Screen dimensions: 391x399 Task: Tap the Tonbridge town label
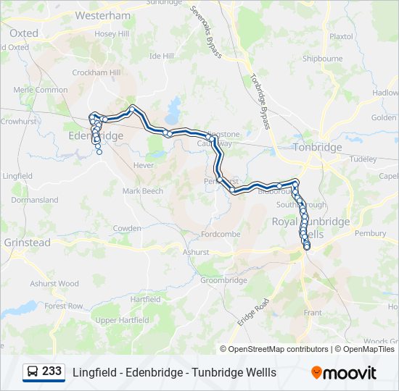[317, 147]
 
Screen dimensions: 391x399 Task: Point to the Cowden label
[127, 228]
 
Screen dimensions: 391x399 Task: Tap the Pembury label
[370, 233]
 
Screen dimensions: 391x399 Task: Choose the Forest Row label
[64, 306]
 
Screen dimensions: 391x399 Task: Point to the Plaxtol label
[341, 36]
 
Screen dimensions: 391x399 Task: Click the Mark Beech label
[143, 191]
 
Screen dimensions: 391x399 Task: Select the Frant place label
[313, 313]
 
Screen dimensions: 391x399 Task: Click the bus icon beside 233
[33, 372]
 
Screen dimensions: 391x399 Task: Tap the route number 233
[52, 371]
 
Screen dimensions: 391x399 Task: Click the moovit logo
[344, 373]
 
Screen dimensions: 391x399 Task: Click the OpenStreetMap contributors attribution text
[278, 349]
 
